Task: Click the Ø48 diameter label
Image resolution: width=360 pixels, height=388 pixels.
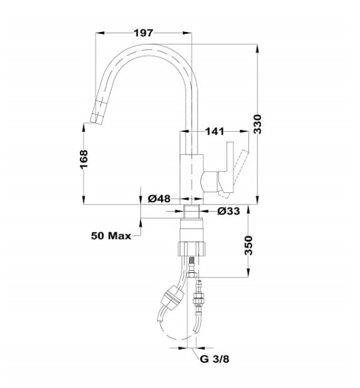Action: (x=160, y=198)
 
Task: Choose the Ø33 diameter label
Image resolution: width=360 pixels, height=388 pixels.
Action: (x=229, y=212)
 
